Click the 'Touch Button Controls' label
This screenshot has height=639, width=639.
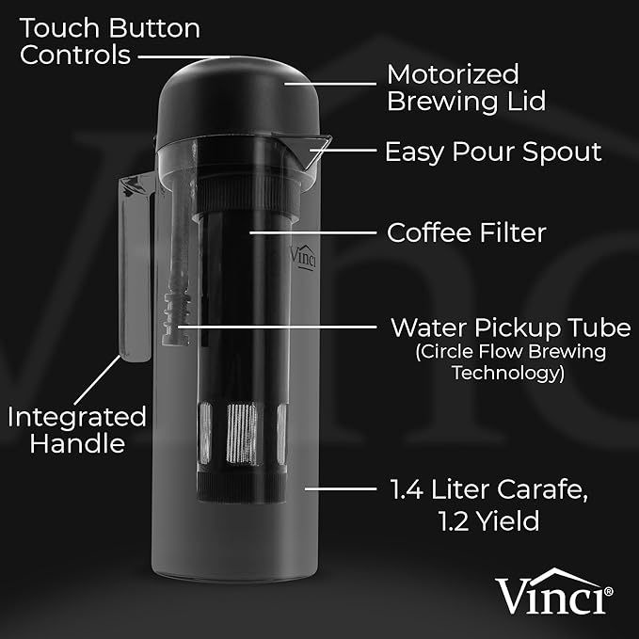[x=110, y=40]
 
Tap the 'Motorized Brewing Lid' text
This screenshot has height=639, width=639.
[x=468, y=88]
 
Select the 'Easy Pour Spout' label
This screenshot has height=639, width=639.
[x=493, y=152]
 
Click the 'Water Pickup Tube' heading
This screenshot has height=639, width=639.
[x=511, y=328]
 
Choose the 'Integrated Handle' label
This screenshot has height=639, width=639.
[x=77, y=429]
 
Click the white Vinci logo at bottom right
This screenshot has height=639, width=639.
[x=554, y=593]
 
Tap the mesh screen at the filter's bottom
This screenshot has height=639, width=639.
[x=239, y=434]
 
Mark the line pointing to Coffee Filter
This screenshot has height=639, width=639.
[x=314, y=230]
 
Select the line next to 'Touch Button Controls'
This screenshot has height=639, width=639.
[x=184, y=56]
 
